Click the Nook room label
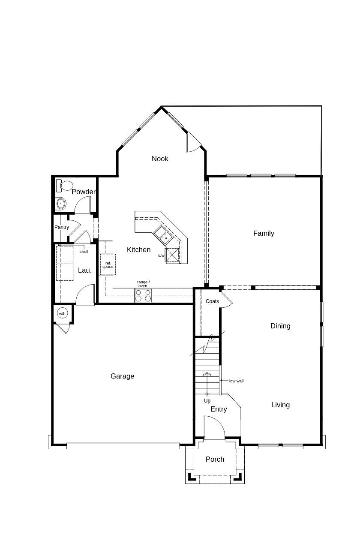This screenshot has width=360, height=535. [160, 159]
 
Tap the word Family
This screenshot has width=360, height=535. [264, 233]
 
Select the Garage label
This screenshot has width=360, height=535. [122, 376]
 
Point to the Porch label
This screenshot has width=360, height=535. [215, 459]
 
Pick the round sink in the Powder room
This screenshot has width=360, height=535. [61, 204]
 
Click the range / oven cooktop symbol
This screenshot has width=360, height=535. [143, 295]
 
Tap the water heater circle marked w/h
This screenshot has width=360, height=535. [62, 313]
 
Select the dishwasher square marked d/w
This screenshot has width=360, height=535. [172, 255]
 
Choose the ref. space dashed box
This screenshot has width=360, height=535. [108, 265]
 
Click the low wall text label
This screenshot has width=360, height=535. [236, 381]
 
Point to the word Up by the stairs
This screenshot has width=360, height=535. [207, 401]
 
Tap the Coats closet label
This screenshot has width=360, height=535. [212, 301]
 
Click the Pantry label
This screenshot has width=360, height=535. [62, 227]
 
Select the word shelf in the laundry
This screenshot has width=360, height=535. [84, 252]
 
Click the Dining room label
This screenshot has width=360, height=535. [280, 326]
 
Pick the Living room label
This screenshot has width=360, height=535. [280, 405]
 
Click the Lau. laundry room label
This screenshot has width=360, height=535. [85, 270]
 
